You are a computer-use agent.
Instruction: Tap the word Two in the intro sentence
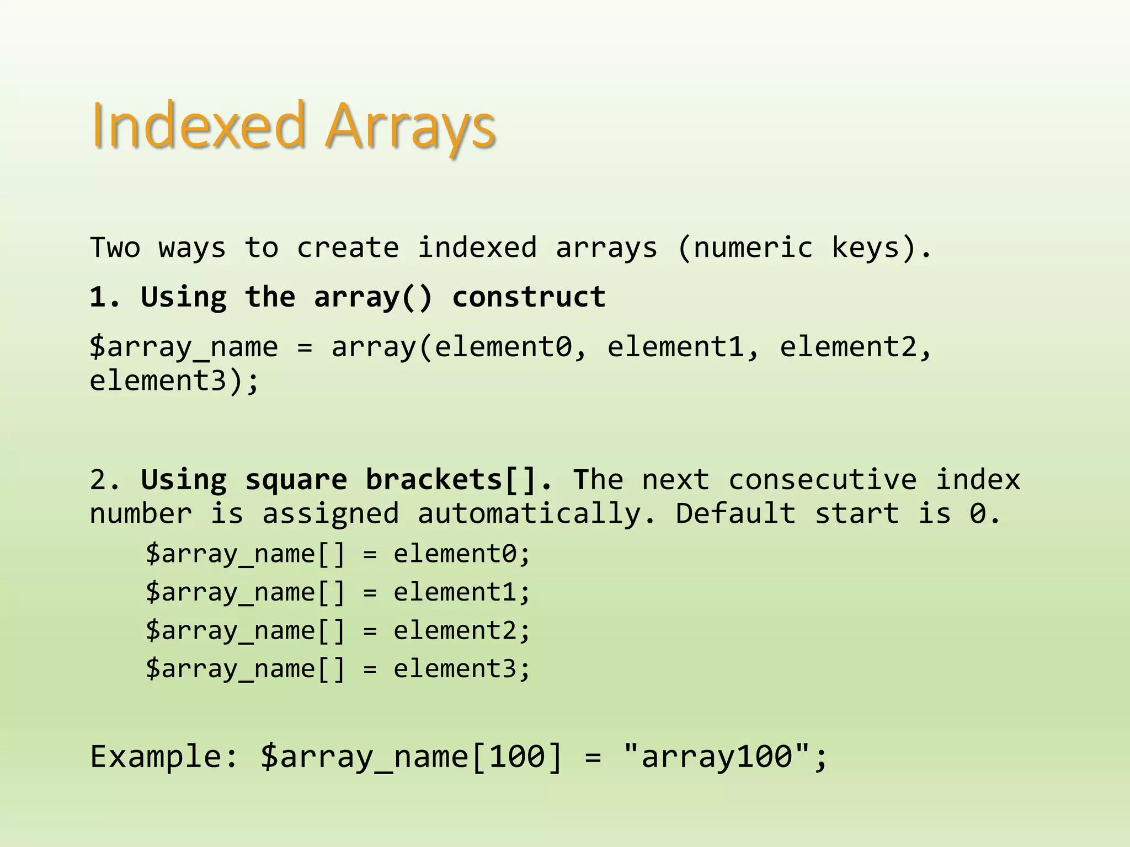(115, 248)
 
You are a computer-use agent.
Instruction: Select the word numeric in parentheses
(753, 248)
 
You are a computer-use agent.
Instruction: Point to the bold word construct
(529, 297)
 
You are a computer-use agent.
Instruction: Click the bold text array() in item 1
(374, 297)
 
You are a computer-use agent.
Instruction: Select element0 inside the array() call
(503, 347)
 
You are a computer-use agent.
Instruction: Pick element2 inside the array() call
(847, 347)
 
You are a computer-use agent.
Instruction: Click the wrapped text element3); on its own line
(174, 380)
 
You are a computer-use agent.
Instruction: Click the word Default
(735, 514)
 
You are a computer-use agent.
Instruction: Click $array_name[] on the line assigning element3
(246, 669)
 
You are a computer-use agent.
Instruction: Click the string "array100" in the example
(717, 756)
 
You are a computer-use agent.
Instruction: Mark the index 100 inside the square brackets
(516, 756)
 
